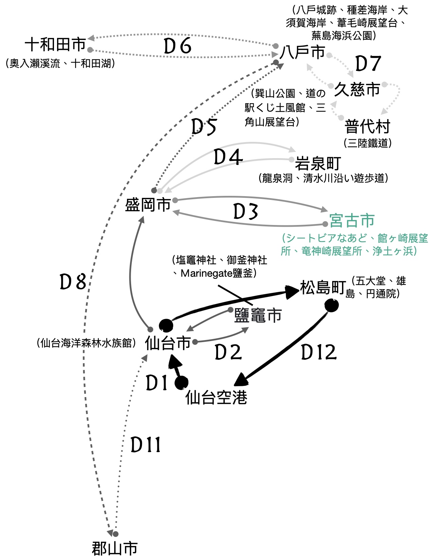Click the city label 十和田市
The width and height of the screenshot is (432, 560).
(x=55, y=44)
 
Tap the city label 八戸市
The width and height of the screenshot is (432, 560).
(x=303, y=52)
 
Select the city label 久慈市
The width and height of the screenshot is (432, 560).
(x=357, y=90)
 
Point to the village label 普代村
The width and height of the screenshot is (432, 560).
(x=367, y=127)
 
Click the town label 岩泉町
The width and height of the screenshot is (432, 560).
(x=318, y=164)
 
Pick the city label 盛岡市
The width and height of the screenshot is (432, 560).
(x=148, y=205)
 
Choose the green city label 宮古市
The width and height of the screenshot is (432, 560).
(x=352, y=221)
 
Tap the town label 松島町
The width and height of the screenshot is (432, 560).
(x=323, y=288)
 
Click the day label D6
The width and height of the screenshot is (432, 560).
(x=178, y=46)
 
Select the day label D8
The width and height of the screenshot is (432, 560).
(x=73, y=282)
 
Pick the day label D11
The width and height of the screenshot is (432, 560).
(x=146, y=445)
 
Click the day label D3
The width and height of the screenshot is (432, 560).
(x=246, y=212)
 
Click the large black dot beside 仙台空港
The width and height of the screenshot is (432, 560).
(x=182, y=383)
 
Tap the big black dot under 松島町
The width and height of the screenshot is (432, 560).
(x=331, y=305)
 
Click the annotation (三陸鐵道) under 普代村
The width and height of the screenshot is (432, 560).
(x=367, y=143)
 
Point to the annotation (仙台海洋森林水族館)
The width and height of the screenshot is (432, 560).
(x=86, y=343)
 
